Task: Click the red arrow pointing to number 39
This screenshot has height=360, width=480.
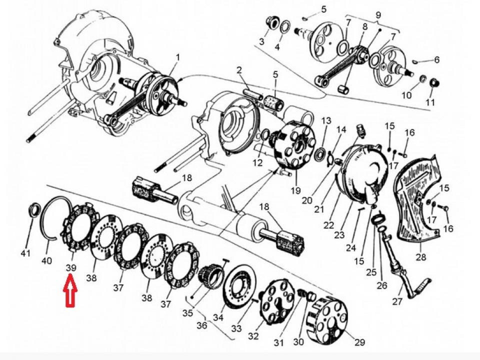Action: click(x=69, y=294)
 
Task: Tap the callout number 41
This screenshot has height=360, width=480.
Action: click(x=25, y=253)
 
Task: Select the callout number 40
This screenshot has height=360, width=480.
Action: click(x=46, y=260)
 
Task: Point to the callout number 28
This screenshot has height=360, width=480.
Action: click(x=420, y=257)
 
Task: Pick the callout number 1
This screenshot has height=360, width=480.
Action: click(x=177, y=58)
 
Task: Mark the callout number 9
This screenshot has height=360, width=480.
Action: click(x=377, y=14)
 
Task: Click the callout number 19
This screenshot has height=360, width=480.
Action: click(x=295, y=190)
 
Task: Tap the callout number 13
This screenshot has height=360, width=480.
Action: click(x=326, y=121)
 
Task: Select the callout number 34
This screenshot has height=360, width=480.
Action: click(x=218, y=317)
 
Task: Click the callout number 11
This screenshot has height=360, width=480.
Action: click(x=430, y=102)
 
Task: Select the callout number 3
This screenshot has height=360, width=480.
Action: click(x=261, y=41)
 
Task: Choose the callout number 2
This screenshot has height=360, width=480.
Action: click(x=239, y=69)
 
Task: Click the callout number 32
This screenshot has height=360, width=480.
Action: click(x=253, y=336)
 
